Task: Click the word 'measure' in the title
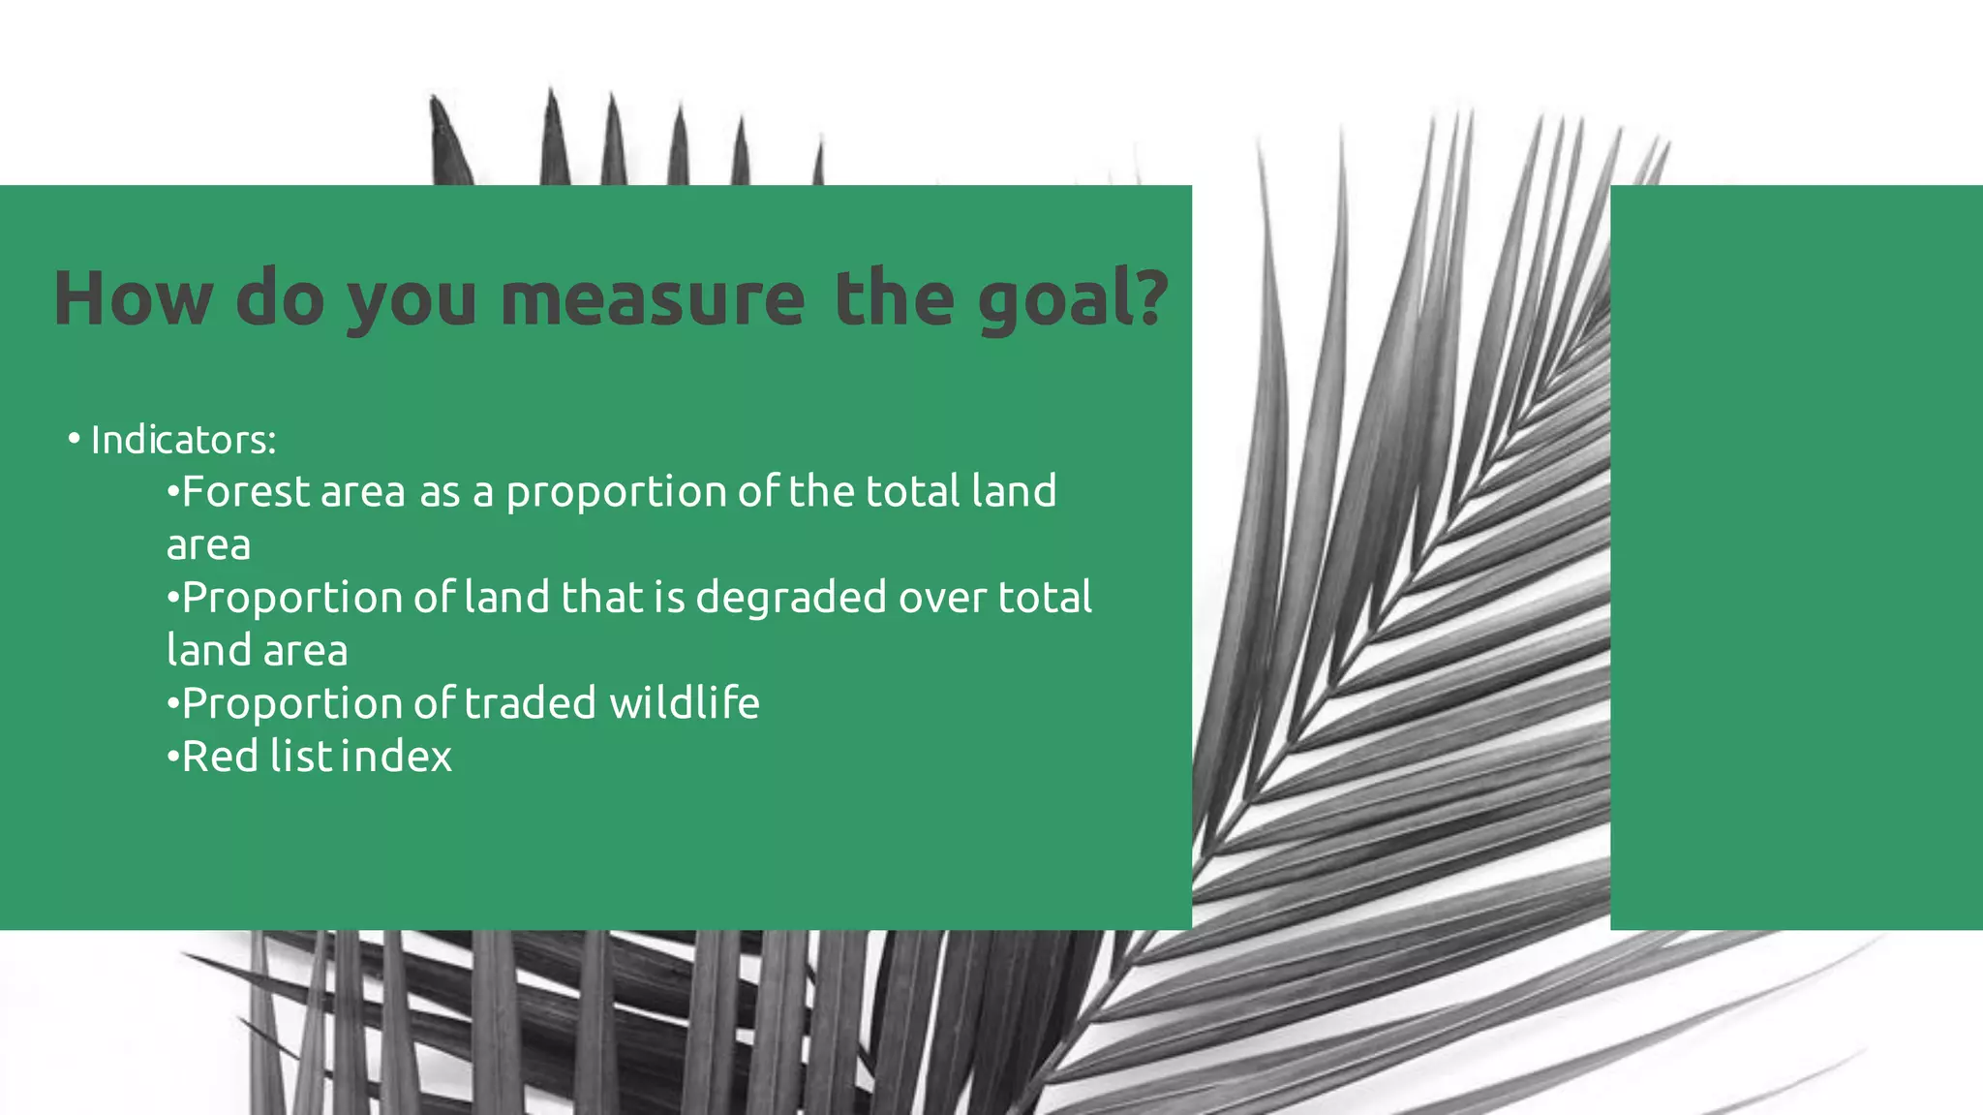click(x=652, y=298)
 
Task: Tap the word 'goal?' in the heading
click(x=1073, y=300)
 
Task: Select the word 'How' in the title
click(x=133, y=298)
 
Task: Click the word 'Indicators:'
click(x=183, y=441)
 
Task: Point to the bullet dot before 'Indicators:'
click(x=74, y=440)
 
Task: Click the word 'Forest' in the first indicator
click(x=245, y=492)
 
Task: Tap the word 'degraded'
click(x=790, y=599)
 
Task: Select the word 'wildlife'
click(x=684, y=703)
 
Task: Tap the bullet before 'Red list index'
click(x=172, y=757)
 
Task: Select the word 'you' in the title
click(x=412, y=300)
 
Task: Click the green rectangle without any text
click(x=1796, y=557)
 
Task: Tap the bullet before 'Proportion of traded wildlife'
click(x=172, y=703)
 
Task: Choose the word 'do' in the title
click(x=280, y=298)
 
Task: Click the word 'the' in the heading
click(x=894, y=298)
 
